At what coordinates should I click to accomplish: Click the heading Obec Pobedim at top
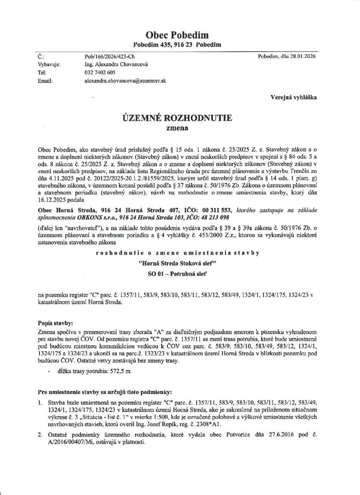pyautogui.click(x=180, y=34)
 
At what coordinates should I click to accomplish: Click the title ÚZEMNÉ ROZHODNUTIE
pyautogui.click(x=180, y=118)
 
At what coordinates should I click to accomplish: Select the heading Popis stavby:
pyautogui.click(x=56, y=321)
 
